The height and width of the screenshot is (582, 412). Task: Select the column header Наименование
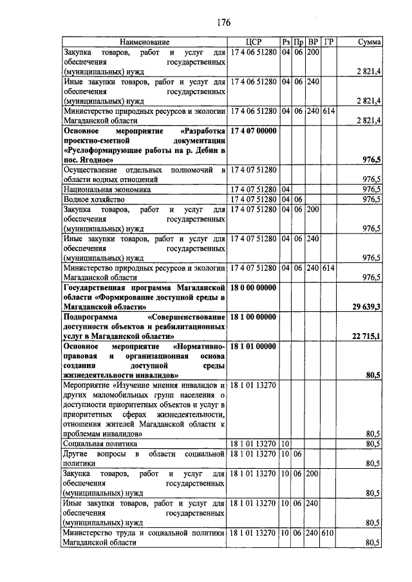coord(144,42)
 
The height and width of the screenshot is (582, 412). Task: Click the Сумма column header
coord(369,42)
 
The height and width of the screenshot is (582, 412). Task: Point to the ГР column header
coord(329,42)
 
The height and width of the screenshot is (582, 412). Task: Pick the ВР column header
coord(314,42)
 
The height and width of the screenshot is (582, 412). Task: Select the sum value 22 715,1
coord(366,336)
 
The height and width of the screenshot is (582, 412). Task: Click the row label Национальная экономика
coord(106,190)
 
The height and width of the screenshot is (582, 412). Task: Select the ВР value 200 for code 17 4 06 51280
coord(314,51)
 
